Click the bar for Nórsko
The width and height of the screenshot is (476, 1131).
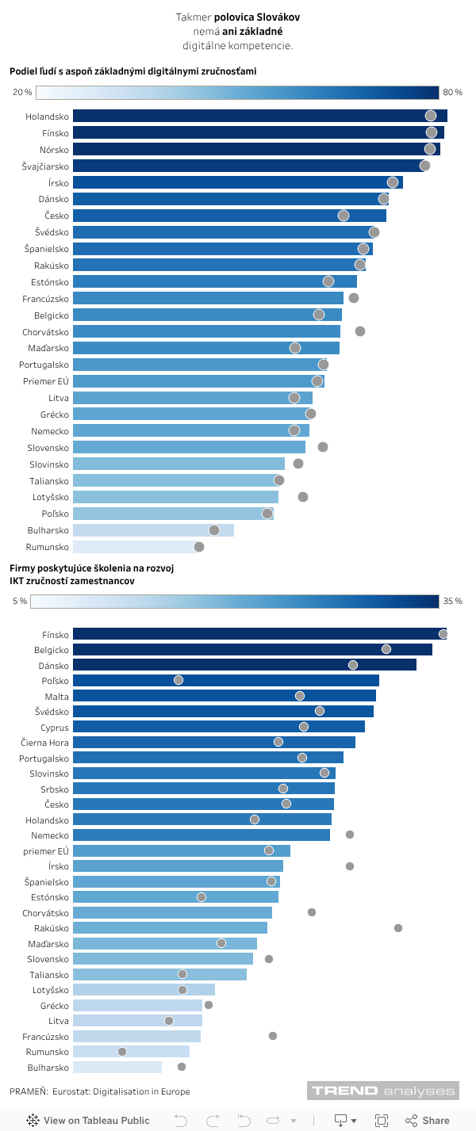(x=254, y=149)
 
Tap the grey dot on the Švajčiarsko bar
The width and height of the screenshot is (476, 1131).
(x=425, y=166)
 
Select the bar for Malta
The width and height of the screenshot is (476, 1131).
(x=222, y=696)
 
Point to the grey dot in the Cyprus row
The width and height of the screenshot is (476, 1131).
(x=304, y=727)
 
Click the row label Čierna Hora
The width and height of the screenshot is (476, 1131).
(x=45, y=743)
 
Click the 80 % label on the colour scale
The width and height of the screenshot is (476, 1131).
(x=452, y=93)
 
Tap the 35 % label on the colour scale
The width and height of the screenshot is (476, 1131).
(x=452, y=602)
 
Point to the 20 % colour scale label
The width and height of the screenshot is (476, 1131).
(x=22, y=93)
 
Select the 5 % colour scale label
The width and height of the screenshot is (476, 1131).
(x=20, y=602)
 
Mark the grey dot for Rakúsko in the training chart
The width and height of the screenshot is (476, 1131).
(x=398, y=928)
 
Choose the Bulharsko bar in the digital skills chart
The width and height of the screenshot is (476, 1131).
(x=153, y=530)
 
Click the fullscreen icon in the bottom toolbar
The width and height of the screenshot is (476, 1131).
(x=382, y=1120)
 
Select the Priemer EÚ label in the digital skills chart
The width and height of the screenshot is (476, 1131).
(x=46, y=381)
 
